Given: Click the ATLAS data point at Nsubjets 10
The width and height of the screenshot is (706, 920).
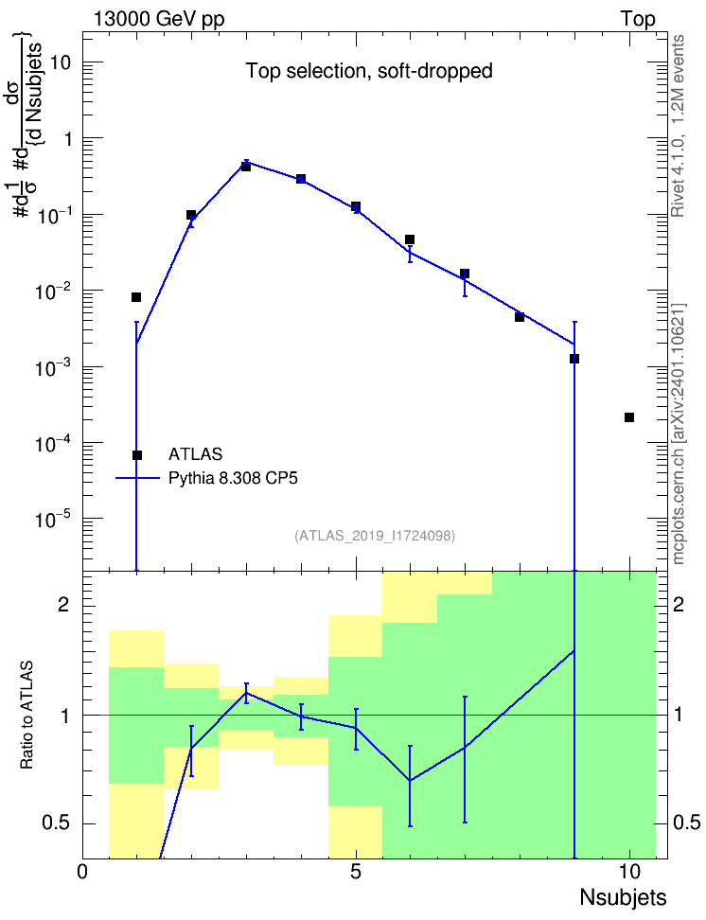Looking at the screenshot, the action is pos(629,417).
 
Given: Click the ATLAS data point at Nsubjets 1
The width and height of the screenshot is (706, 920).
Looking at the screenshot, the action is pos(136,297).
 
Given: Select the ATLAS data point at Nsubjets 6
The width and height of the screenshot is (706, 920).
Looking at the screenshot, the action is pos(410,239).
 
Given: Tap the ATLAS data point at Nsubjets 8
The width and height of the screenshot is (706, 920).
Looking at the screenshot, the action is pos(520,317).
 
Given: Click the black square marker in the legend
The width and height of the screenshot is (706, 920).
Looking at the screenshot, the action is pos(136,455).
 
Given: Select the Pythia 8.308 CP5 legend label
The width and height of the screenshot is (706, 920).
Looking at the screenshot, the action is pos(233,478).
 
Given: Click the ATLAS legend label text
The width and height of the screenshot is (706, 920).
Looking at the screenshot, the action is pos(195,454).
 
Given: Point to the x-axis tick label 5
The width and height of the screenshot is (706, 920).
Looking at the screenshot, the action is pos(356,872).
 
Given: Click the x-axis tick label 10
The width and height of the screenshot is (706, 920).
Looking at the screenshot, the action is pos(629,872).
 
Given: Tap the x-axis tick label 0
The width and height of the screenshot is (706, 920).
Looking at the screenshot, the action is pos(82,872).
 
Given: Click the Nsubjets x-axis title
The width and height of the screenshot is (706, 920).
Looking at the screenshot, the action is pos(624,897).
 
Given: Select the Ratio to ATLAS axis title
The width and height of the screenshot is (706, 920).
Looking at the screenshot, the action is pos(27,716).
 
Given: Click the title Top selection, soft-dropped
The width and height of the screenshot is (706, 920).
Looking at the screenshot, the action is pos(369,71).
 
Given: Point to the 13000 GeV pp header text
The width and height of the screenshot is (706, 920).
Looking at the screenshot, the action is pos(158,19).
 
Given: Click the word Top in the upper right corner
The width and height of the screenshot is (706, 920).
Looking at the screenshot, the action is pos(638,19).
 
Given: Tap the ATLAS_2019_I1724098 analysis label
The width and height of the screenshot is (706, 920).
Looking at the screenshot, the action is pos(375,536).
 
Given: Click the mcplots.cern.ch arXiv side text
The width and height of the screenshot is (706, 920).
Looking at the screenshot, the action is pos(679,434).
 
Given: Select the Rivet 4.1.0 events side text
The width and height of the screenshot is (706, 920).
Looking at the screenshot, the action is pos(678,126).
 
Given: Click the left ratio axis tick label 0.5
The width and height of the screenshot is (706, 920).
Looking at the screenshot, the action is pos(58,823).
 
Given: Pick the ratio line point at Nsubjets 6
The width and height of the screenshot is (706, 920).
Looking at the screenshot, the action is pos(410,780).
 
